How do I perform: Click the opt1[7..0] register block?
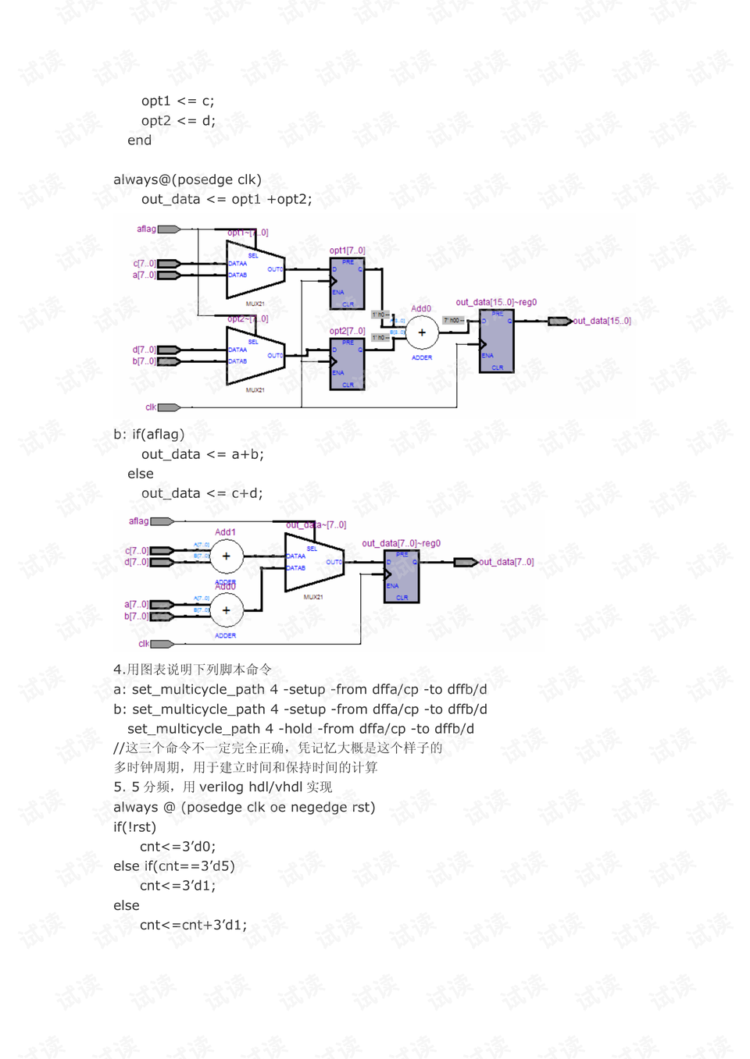(347, 283)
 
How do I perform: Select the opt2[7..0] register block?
(347, 363)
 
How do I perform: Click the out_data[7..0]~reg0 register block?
(402, 576)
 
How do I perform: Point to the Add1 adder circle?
(227, 556)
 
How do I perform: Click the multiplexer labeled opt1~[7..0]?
(255, 269)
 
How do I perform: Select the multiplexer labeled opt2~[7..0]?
(255, 355)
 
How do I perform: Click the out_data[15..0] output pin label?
(602, 321)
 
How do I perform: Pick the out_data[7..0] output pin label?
(506, 562)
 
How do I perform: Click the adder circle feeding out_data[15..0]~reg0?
(422, 332)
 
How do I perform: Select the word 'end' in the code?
(140, 140)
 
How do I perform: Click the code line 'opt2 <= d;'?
(178, 121)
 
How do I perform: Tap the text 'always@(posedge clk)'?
(187, 179)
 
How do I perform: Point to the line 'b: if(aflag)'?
(149, 435)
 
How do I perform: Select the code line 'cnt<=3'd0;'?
(177, 847)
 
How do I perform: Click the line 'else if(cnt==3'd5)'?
(173, 866)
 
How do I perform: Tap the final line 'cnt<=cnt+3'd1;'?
(193, 925)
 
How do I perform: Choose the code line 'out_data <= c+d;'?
(202, 493)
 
